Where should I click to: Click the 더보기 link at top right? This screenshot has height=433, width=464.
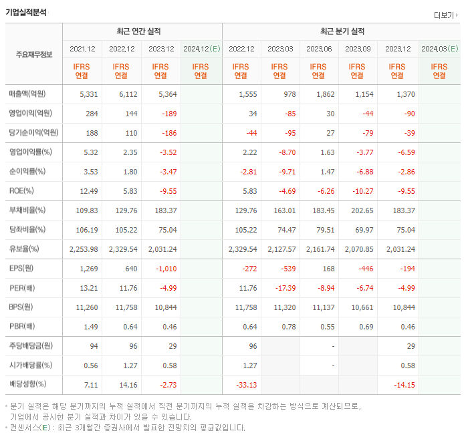445,15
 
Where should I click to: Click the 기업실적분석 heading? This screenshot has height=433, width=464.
26,12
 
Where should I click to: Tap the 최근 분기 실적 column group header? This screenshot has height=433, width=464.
342,31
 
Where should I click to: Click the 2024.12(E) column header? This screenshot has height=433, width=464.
201,49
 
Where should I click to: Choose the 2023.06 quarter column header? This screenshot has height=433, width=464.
320,49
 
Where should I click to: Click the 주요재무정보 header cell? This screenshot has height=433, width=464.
34,54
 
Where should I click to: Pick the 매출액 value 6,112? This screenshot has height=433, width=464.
122,95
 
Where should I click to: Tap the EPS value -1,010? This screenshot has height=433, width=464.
163,269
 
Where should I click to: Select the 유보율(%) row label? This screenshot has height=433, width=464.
24,249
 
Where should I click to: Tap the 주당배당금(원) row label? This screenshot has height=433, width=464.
30,346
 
